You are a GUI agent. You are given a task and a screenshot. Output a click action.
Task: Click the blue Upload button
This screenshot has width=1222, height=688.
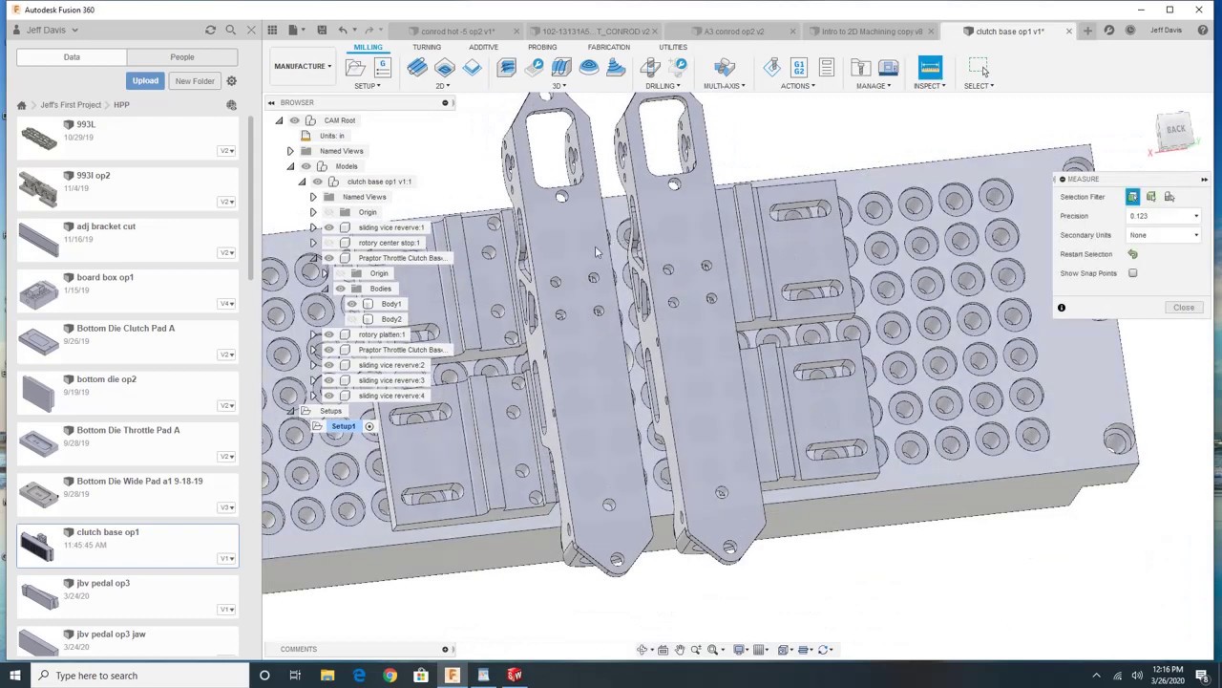[145, 81]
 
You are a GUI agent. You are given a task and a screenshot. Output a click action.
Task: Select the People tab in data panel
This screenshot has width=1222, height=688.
[181, 57]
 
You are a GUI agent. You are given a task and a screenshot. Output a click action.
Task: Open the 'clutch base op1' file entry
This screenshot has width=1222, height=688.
[108, 532]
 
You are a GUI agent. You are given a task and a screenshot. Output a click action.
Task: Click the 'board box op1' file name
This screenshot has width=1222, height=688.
[105, 278]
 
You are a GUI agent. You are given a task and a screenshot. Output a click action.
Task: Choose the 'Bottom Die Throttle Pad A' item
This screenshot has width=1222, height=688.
[128, 431]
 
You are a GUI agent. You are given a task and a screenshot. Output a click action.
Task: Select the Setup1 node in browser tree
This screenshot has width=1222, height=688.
[343, 426]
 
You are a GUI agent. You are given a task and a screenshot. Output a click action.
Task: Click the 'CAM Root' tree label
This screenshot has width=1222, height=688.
[339, 120]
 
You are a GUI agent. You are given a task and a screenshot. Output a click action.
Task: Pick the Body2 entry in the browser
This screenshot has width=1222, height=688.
[391, 319]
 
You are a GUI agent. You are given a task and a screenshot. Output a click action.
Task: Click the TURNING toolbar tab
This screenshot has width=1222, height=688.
[427, 47]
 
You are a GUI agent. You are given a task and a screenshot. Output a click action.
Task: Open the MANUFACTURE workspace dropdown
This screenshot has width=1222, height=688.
[303, 67]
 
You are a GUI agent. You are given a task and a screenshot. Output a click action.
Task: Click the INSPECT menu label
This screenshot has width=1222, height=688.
[928, 86]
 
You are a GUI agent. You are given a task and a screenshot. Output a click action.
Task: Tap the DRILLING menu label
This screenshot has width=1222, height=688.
[661, 86]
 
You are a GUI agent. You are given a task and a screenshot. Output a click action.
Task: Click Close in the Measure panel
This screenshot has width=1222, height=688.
[1183, 308]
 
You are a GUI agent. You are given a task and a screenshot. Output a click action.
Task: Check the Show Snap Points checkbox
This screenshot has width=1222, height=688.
[1132, 273]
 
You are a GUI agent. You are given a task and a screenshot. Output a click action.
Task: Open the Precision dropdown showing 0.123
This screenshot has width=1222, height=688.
[1164, 216]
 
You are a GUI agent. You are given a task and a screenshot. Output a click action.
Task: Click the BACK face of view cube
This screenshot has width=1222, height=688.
[1175, 130]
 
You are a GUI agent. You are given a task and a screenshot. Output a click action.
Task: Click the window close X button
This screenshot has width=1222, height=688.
[1198, 10]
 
